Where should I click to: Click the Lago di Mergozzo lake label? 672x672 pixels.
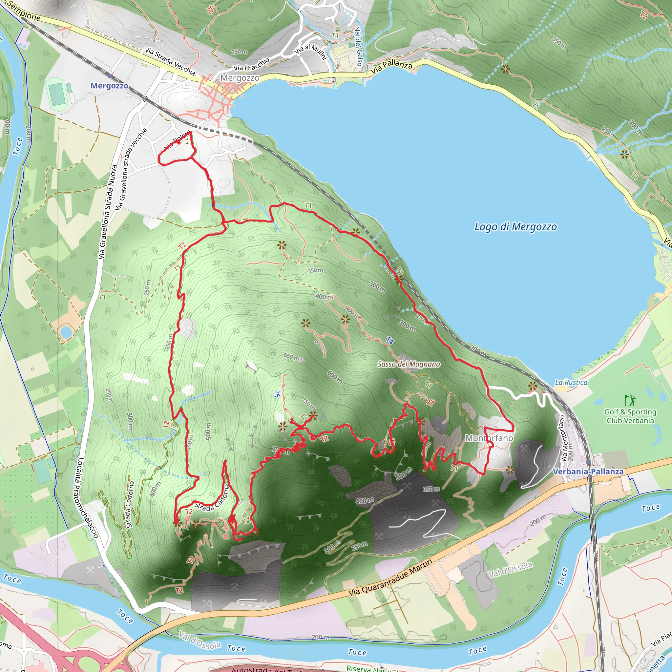[x=515, y=227]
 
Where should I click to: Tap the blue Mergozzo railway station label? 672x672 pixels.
[x=109, y=86]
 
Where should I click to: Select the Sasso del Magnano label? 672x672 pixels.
[x=409, y=364]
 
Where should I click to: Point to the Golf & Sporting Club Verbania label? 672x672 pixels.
[x=630, y=416]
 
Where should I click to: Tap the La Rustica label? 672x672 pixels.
[x=571, y=382]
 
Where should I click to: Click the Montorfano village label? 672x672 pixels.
[x=489, y=438]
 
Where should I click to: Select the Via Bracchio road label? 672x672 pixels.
[x=251, y=64]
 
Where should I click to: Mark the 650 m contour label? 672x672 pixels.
[x=291, y=357]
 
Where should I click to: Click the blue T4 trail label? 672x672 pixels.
[x=390, y=341]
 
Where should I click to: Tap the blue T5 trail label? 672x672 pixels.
[x=277, y=394]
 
